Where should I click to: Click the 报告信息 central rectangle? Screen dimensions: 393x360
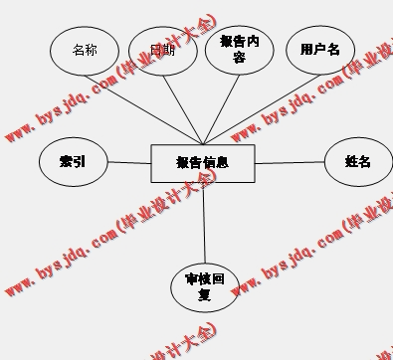coord(202,163)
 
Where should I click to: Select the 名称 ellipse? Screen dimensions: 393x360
coord(86,50)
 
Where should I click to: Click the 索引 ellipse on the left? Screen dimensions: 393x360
coord(72,162)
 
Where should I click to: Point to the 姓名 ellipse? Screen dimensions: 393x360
coord(357,162)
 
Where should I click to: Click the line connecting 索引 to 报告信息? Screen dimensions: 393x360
coord(128,162)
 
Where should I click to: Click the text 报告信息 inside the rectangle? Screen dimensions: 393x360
coord(202,162)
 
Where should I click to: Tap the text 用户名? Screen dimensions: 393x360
coord(320,49)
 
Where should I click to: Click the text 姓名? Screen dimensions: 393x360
coord(357,162)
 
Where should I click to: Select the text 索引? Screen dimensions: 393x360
coord(72,161)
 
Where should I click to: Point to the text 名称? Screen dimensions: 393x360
coord(86,49)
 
